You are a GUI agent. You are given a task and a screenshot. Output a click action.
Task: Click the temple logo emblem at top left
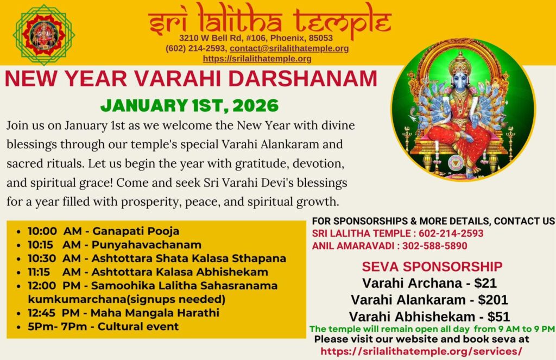coord(43,34)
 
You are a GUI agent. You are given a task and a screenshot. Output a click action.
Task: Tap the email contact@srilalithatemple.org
coord(289,48)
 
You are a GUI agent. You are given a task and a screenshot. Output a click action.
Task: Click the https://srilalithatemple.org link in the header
coord(257,59)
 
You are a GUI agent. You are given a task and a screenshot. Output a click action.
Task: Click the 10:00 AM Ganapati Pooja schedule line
coord(103,231)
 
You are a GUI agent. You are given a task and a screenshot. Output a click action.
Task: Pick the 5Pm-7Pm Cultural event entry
coord(103,326)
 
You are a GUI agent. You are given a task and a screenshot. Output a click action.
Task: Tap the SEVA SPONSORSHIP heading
coord(432,267)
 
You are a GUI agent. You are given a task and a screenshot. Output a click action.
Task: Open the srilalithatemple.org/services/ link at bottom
coord(421,351)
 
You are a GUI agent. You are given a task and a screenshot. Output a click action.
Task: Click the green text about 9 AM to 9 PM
coord(432,329)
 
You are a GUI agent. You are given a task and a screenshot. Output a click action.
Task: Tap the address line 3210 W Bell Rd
coord(256,39)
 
